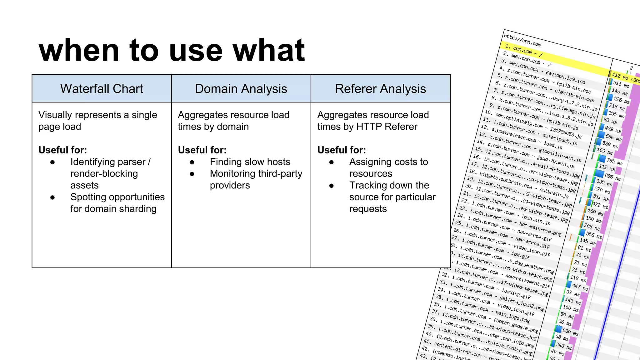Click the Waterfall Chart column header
(102, 89)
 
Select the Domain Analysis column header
(241, 89)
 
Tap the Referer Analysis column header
(380, 89)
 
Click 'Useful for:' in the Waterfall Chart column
(62, 150)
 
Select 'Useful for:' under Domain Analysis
(202, 150)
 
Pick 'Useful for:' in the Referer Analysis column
(341, 150)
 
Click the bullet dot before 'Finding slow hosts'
(192, 162)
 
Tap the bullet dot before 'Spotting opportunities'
(52, 197)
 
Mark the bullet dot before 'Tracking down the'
(331, 186)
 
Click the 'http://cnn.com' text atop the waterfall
(522, 40)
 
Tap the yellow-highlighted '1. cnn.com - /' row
(524, 51)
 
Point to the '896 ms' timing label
(612, 177)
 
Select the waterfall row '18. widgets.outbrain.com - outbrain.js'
(519, 183)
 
